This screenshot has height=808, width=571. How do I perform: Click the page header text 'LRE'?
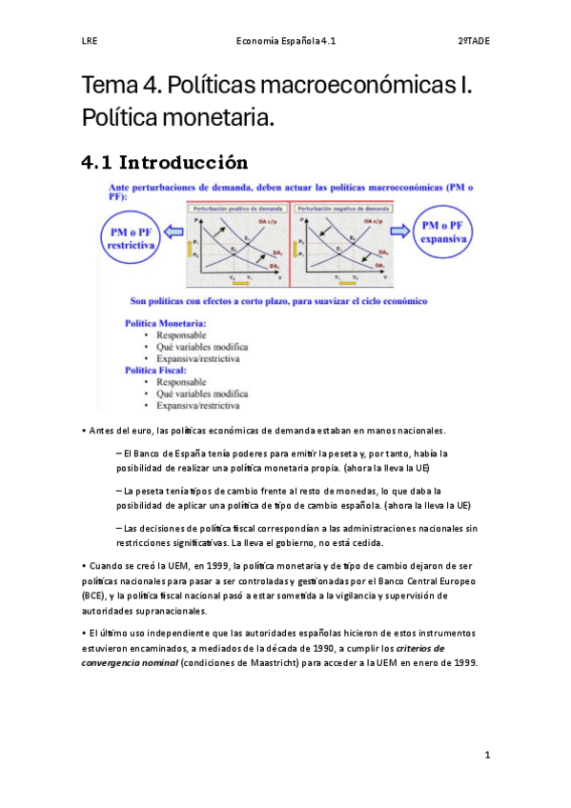click(x=90, y=41)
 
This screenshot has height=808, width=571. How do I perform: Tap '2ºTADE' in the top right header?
click(x=474, y=41)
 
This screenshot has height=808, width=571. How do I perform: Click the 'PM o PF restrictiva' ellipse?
click(x=132, y=238)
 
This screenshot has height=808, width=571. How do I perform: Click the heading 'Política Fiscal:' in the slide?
click(x=159, y=370)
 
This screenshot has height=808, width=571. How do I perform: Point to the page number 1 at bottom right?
click(x=486, y=755)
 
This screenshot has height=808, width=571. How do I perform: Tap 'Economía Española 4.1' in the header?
click(x=285, y=41)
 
